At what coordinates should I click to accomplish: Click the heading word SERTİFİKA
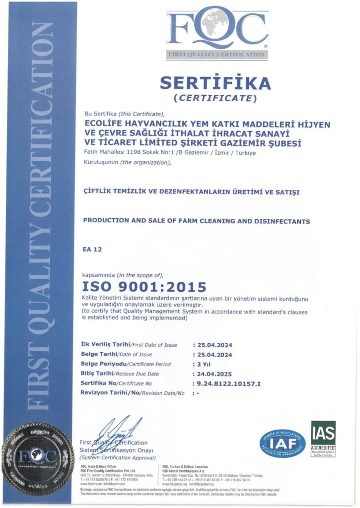click(x=215, y=83)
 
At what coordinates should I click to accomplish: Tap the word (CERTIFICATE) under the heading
click(x=215, y=98)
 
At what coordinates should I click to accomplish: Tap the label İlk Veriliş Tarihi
click(x=105, y=345)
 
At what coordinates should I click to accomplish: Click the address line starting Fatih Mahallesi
click(x=169, y=152)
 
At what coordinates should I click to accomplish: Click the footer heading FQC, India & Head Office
click(x=98, y=467)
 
